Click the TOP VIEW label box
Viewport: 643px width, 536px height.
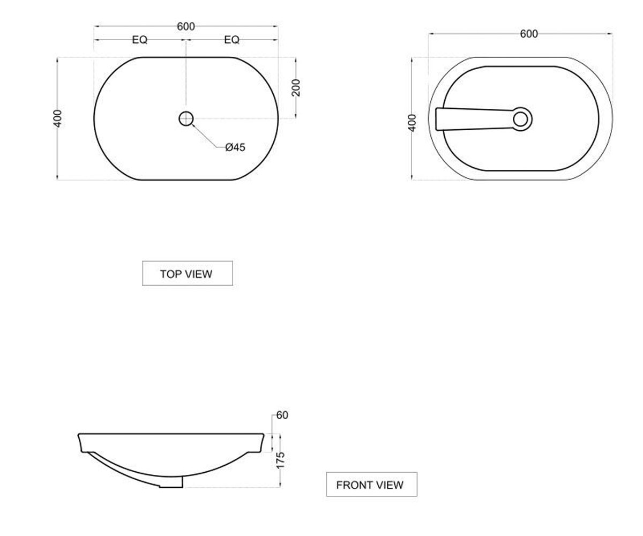[187, 273]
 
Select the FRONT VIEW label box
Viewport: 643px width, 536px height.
[372, 484]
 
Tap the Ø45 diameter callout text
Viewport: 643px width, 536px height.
[235, 147]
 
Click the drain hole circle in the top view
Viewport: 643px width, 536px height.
[186, 118]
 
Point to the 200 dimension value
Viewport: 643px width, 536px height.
[296, 88]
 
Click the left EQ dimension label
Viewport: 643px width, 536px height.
[140, 40]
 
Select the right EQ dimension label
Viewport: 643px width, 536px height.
[232, 40]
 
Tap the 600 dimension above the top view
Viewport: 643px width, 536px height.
[186, 26]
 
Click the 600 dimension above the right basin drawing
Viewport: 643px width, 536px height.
[529, 34]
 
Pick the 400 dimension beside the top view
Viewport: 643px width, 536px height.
[57, 118]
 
